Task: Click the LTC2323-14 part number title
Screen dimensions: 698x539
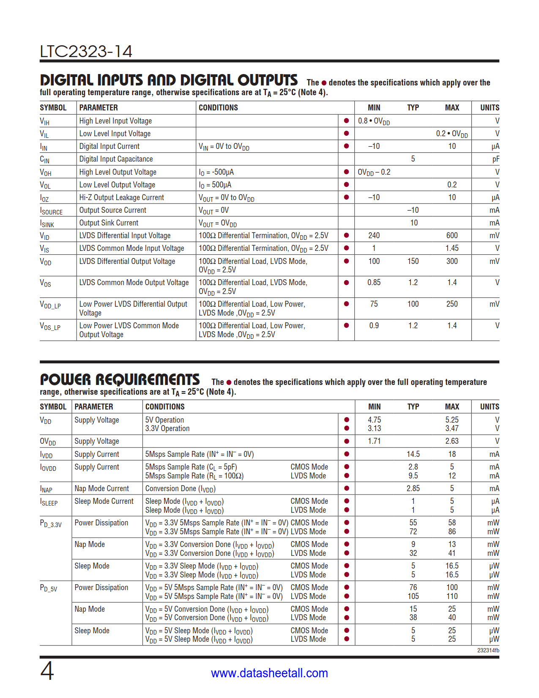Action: [86, 52]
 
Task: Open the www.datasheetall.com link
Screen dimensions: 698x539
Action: [269, 673]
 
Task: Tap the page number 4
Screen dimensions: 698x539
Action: [47, 671]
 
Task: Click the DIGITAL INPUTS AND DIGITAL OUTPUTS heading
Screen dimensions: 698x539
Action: [169, 80]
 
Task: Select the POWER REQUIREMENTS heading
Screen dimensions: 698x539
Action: [120, 379]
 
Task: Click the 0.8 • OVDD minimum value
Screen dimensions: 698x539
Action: [374, 121]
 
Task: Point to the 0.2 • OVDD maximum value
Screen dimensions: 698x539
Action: [451, 134]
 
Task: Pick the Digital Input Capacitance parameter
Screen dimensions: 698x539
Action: [116, 159]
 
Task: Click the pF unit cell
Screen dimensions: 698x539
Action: [495, 159]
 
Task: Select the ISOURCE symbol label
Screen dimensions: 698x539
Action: [51, 211]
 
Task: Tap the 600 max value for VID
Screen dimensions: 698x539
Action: [451, 236]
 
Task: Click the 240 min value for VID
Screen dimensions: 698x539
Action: [374, 236]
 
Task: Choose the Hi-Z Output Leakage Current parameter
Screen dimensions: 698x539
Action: [121, 198]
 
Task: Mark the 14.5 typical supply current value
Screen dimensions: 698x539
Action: [413, 454]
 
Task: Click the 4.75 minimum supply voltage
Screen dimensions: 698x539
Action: [374, 420]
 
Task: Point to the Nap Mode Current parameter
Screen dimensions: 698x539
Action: [101, 489]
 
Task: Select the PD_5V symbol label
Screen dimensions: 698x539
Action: [49, 588]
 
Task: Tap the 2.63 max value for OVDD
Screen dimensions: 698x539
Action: [451, 441]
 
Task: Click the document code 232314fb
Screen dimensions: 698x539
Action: [488, 650]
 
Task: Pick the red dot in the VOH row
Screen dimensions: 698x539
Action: [346, 172]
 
